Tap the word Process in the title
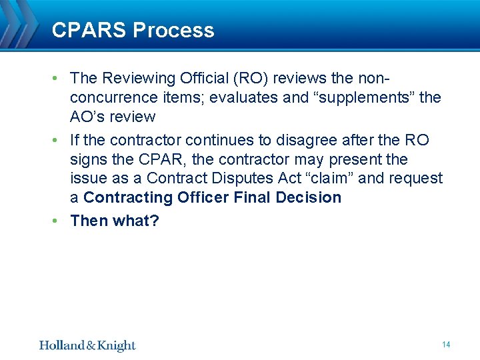coord(173,30)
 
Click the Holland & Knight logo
coord(87,345)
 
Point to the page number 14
coord(446,345)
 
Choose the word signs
coord(88,160)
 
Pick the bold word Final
coord(257,198)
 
